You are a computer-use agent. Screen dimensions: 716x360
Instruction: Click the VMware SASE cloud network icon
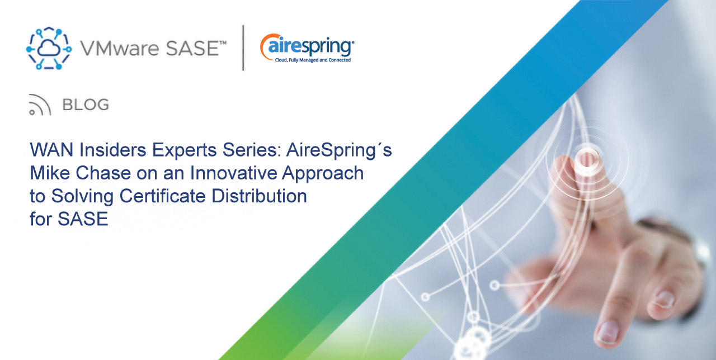point(49,48)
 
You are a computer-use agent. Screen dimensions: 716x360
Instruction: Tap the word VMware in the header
point(120,48)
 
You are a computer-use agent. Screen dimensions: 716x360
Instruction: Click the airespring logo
point(307,48)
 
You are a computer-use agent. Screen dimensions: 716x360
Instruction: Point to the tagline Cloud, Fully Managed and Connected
point(313,60)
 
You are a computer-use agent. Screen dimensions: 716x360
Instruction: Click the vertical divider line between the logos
point(243,48)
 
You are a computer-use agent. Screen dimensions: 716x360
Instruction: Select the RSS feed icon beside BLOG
point(40,105)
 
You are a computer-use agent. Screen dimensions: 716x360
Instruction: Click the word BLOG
point(86,105)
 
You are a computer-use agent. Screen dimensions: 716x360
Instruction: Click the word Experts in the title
point(185,150)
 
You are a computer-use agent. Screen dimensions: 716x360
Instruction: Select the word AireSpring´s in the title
point(339,150)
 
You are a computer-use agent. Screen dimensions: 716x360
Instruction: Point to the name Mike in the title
point(50,173)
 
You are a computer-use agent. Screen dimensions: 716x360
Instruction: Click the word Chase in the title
point(103,173)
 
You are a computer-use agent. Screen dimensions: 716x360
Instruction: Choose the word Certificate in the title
point(162,196)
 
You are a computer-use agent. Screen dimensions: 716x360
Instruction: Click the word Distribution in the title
point(259,196)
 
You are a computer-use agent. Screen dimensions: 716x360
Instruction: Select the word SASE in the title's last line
point(83,219)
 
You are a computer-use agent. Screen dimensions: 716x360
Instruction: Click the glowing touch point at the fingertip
point(587,159)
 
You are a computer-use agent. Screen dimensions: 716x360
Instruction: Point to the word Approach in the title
point(323,173)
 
